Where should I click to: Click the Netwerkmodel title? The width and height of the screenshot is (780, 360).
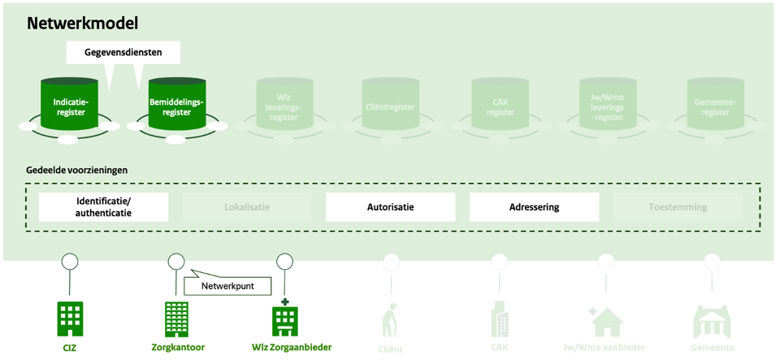(x=82, y=24)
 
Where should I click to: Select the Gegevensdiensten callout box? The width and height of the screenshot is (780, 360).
(x=123, y=52)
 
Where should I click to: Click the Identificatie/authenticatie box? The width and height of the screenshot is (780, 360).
(x=103, y=207)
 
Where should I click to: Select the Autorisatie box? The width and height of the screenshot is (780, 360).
(x=390, y=207)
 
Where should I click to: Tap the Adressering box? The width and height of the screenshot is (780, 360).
(x=534, y=207)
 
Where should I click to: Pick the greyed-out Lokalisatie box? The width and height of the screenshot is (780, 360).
(x=247, y=207)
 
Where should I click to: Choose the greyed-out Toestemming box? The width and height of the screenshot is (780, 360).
(x=678, y=207)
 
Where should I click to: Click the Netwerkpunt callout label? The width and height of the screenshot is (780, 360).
(x=227, y=286)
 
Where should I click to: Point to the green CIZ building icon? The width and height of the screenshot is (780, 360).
(x=70, y=319)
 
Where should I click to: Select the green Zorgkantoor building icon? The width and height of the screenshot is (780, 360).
(x=177, y=319)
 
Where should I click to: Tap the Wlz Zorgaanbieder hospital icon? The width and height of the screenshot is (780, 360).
(x=284, y=318)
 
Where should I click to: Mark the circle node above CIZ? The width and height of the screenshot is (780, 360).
(x=70, y=262)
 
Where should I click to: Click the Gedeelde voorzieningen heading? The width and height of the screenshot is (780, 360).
(x=76, y=171)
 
